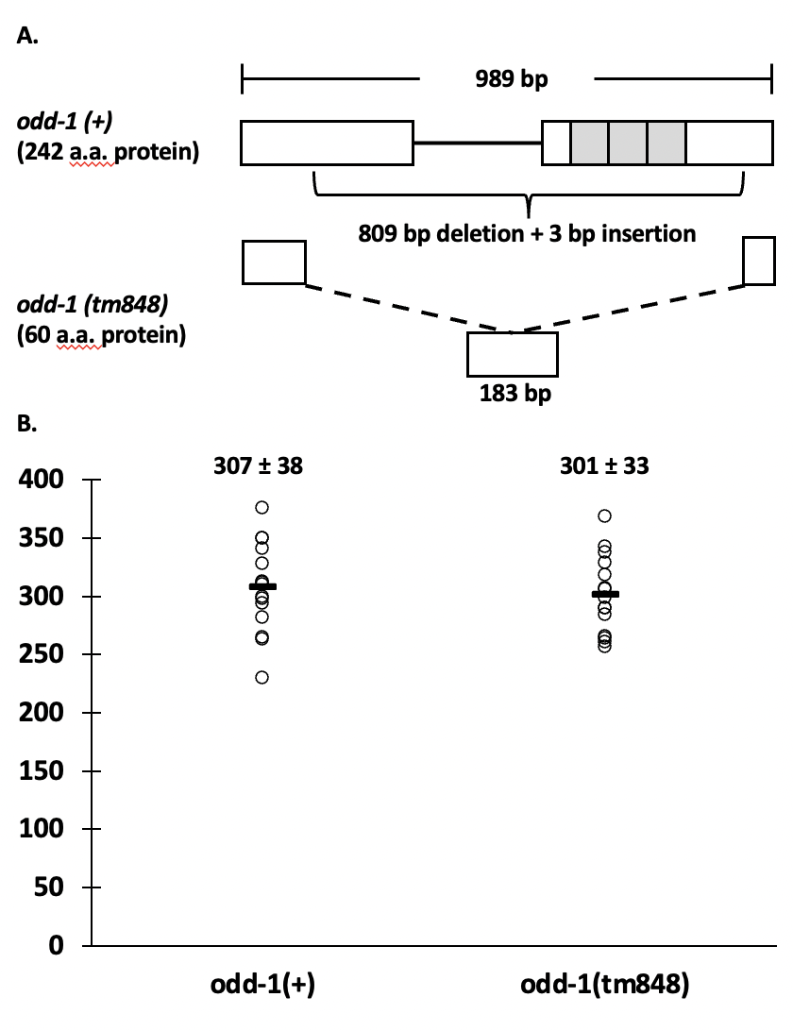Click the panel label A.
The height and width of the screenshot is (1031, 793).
click(x=27, y=36)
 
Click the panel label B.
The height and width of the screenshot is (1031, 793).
click(x=27, y=423)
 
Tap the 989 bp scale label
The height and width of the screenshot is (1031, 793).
click(x=512, y=79)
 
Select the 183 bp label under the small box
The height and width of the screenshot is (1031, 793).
click(x=515, y=393)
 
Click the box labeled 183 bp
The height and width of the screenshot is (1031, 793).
click(x=513, y=354)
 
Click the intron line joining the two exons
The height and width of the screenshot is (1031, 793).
click(x=478, y=143)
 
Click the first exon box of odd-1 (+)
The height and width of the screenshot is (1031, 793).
click(x=327, y=143)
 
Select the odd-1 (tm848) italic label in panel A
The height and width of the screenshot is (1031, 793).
click(x=93, y=304)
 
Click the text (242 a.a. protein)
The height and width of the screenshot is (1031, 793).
click(x=108, y=151)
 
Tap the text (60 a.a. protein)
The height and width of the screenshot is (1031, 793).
click(x=101, y=334)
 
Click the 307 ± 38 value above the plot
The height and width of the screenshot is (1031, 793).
click(x=258, y=465)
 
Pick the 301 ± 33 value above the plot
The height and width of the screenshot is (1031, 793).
click(x=604, y=465)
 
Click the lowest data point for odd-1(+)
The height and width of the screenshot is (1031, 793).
click(x=262, y=677)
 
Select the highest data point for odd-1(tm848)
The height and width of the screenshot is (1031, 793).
click(x=604, y=515)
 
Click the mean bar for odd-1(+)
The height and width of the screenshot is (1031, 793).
click(x=262, y=586)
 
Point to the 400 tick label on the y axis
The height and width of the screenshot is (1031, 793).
click(x=41, y=479)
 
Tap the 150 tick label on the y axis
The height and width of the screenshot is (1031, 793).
click(x=41, y=770)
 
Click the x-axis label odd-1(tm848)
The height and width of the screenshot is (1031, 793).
click(x=604, y=985)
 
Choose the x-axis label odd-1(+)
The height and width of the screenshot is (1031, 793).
click(x=262, y=985)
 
